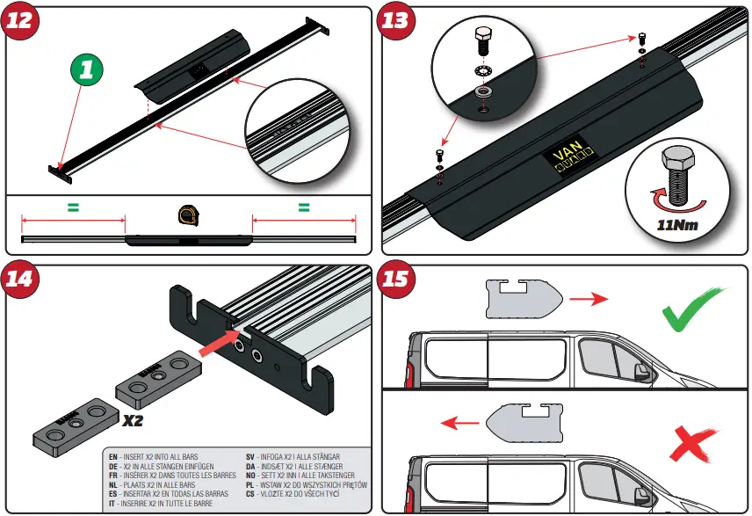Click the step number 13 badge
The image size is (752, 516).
(x=397, y=19)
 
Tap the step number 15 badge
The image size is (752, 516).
(x=397, y=279)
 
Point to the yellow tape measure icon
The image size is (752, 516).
(x=187, y=214)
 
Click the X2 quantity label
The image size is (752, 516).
(x=134, y=420)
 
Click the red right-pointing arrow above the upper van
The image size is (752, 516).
(x=589, y=299)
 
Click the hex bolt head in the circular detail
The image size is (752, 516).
(x=482, y=36)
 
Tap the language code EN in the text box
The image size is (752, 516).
(x=112, y=457)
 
